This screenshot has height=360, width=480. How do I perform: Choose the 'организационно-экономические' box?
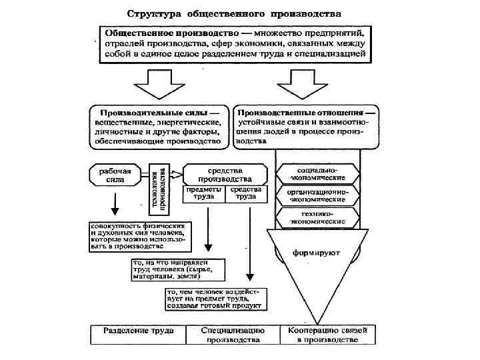coord(317,195)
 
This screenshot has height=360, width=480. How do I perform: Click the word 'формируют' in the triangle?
coord(317,253)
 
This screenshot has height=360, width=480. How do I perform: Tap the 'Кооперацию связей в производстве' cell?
coord(327,335)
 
